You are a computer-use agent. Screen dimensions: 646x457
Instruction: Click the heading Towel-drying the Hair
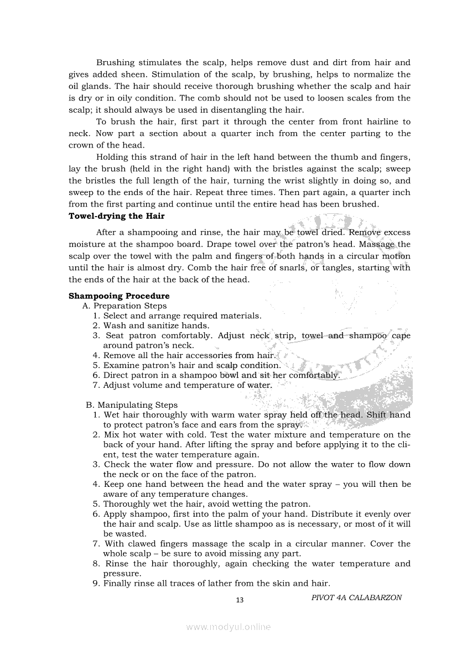[x=116, y=216]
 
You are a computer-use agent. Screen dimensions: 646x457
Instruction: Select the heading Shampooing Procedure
[x=119, y=296]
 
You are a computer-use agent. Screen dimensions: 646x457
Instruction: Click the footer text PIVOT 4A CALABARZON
[x=356, y=597]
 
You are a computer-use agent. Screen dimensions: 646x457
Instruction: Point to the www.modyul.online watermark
[x=228, y=627]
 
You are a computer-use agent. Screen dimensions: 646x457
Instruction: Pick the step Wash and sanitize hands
[x=156, y=326]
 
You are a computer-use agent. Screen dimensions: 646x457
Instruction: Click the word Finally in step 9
[x=119, y=584]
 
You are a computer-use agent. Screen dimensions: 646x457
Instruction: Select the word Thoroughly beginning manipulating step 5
[x=129, y=504]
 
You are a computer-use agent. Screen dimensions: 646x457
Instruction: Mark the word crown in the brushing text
[x=81, y=145]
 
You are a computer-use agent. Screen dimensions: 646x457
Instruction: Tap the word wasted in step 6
[x=131, y=534]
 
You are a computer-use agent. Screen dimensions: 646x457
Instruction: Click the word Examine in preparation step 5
[x=121, y=366]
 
